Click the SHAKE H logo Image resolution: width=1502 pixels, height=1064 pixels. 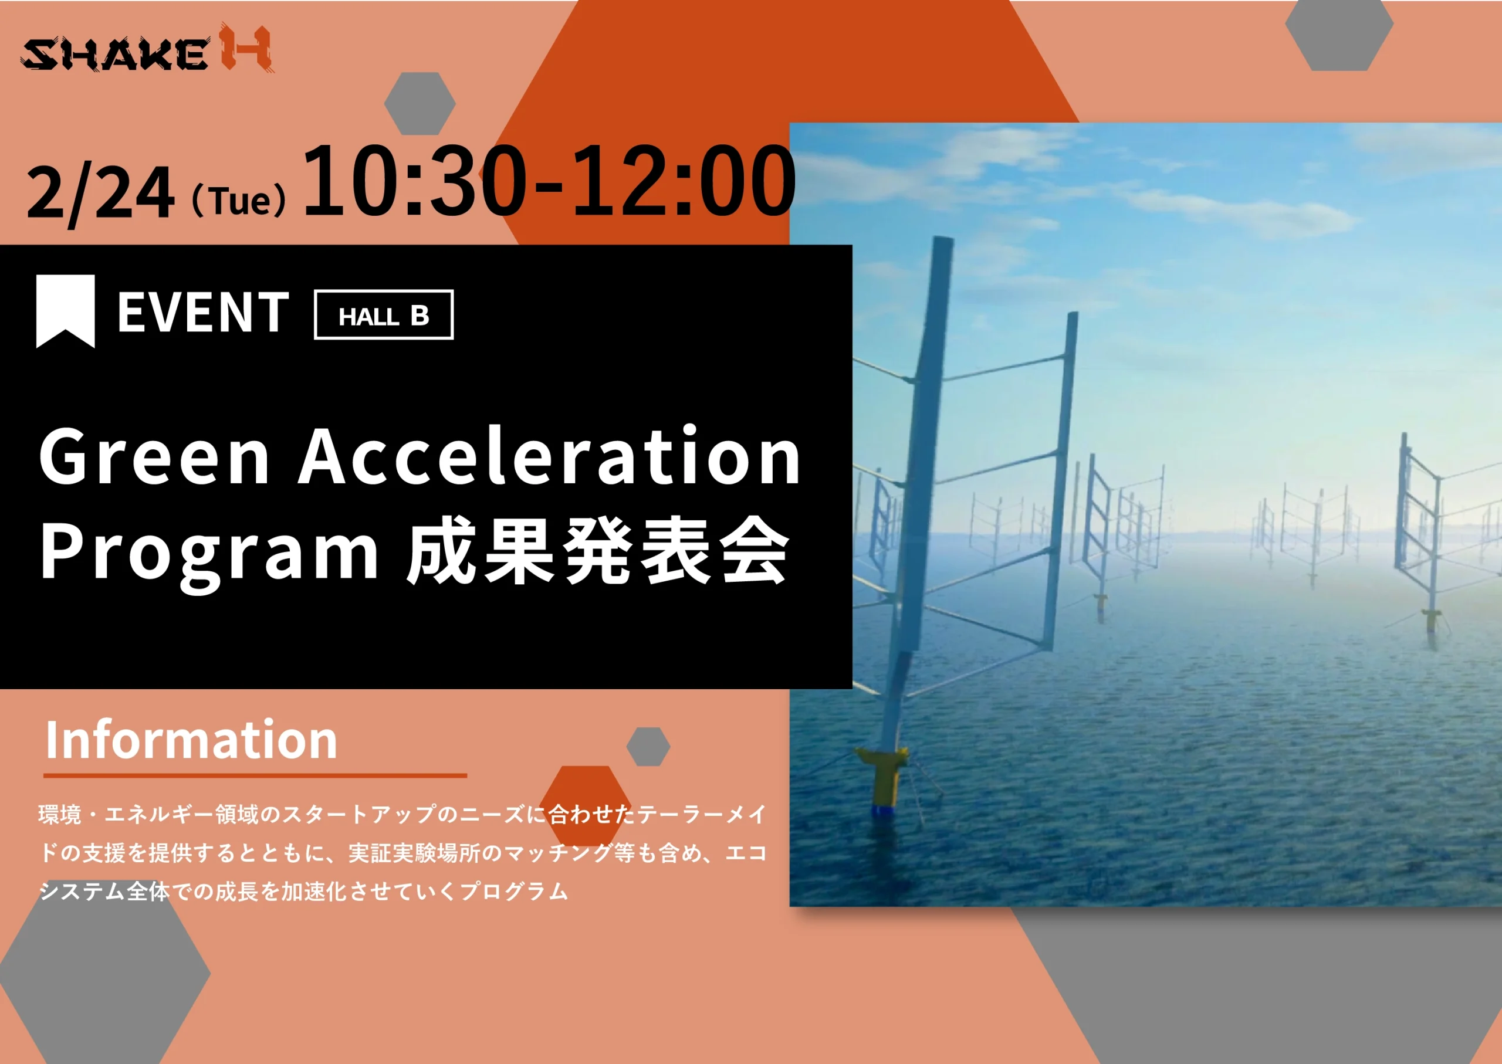click(x=147, y=49)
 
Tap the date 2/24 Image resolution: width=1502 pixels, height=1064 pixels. click(x=100, y=194)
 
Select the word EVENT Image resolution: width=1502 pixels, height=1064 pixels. click(x=203, y=313)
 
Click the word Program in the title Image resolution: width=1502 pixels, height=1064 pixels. click(x=209, y=554)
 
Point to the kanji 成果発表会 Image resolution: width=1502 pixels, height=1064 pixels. click(x=598, y=550)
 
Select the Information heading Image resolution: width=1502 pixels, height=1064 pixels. click(x=191, y=740)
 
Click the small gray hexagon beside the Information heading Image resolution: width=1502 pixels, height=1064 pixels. click(x=648, y=746)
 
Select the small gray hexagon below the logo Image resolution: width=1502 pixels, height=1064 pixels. click(x=420, y=103)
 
